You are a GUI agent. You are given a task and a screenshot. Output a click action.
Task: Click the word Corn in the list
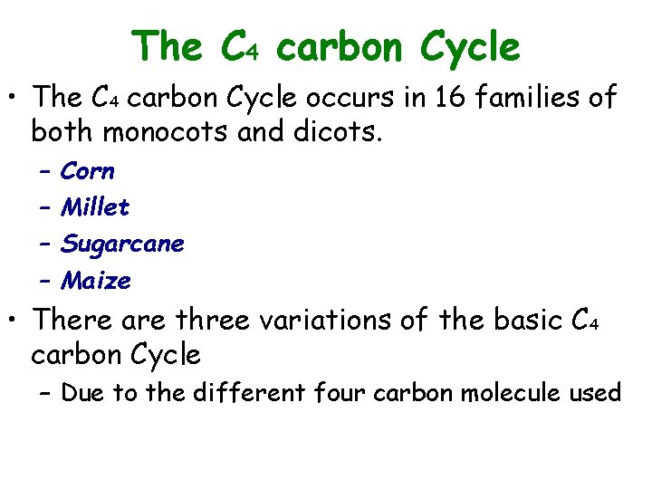tap(87, 170)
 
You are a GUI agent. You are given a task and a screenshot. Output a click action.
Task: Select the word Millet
tap(95, 207)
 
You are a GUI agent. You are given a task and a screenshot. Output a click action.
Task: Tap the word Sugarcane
tap(122, 244)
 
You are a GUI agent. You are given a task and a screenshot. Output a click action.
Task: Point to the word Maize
tap(95, 282)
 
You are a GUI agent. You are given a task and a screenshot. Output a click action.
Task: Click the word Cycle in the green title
tap(473, 46)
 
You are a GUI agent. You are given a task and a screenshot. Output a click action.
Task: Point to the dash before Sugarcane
tap(45, 244)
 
